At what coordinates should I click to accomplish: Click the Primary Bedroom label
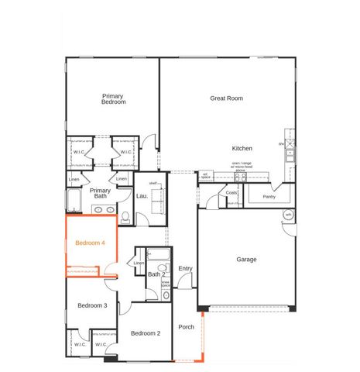coord(113,98)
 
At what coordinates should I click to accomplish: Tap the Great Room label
coord(227,98)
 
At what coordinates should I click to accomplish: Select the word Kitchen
coord(242,148)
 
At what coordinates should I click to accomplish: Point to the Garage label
coord(246,260)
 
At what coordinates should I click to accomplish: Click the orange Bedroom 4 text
coord(90,243)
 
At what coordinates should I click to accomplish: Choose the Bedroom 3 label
coord(92,305)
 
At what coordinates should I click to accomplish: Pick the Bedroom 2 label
coord(146,333)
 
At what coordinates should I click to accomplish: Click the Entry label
coord(185,268)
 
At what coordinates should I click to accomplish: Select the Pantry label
coord(269,197)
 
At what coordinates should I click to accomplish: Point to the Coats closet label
coord(231,193)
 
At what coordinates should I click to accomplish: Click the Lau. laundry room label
coord(142,196)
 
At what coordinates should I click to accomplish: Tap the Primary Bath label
coord(101,193)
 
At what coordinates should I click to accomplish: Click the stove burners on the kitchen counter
coord(240,176)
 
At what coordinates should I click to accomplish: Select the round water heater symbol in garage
coord(288,215)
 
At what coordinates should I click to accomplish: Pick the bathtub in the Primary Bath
coord(74,202)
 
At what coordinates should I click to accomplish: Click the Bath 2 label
coord(157,274)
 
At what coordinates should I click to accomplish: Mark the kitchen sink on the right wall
coord(291,153)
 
